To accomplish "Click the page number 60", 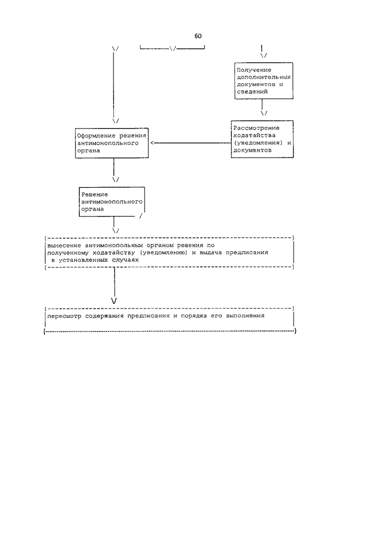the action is [198, 36].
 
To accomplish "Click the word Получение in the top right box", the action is [254, 70].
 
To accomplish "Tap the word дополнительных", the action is [264, 77].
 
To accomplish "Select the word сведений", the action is [252, 91].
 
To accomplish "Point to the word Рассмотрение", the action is [256, 128].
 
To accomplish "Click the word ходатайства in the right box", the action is [255, 135].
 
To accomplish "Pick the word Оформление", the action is [96, 136].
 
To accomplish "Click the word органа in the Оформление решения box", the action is [89, 150].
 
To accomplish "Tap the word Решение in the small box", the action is [94, 195].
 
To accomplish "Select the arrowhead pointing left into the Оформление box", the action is [152, 143].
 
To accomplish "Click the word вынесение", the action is [64, 245].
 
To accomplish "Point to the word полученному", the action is [68, 253].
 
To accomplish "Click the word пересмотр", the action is [64, 316].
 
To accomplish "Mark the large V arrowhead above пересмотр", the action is [114, 301].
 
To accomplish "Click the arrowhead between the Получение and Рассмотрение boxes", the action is [264, 113].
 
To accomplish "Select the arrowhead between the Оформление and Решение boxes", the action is [116, 179].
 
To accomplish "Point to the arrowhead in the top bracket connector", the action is [173, 49].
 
